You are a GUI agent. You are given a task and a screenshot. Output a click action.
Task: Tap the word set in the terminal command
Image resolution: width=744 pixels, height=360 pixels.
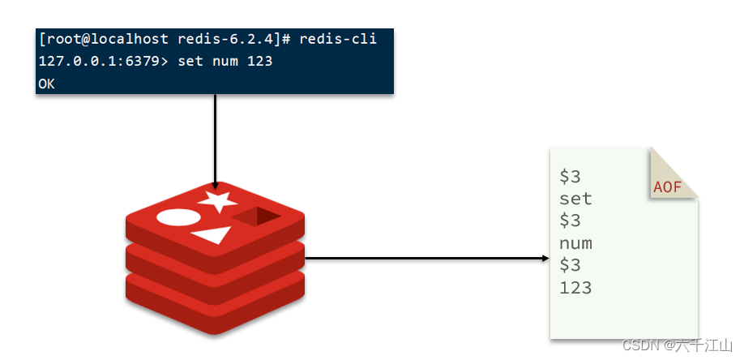pos(183,61)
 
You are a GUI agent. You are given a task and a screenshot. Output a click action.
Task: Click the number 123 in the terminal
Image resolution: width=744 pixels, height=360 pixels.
pos(260,61)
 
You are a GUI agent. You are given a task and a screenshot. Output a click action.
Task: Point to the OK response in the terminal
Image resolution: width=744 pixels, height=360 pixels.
pos(46,84)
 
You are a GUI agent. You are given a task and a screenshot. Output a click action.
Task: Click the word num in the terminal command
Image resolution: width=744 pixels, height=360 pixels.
pos(222,61)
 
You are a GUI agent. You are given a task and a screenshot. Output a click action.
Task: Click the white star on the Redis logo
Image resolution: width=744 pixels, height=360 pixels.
pos(219,200)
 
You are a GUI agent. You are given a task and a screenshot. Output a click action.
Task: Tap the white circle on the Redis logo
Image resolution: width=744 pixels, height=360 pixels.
pos(177,217)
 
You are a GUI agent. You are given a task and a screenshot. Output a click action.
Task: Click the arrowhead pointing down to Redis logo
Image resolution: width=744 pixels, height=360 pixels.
pos(216,184)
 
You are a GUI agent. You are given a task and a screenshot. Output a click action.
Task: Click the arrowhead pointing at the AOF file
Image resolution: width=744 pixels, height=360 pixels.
pos(545,259)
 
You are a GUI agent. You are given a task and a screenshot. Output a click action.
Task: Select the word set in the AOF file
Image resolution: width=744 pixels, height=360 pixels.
pos(575,199)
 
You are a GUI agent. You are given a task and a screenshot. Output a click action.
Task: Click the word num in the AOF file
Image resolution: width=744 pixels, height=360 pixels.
pos(575,243)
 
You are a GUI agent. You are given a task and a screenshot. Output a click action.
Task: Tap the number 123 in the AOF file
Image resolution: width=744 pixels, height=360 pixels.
pos(575,288)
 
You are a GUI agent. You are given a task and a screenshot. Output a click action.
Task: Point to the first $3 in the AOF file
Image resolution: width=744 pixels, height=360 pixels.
pos(570,177)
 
